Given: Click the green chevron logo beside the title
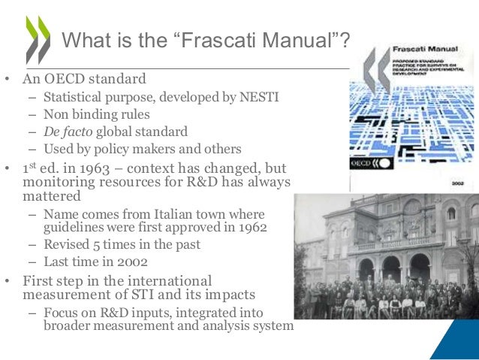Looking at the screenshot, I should pos(38,39).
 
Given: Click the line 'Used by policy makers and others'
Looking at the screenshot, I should pos(142,149).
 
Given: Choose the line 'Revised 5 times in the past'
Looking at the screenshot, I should pos(122,245).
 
